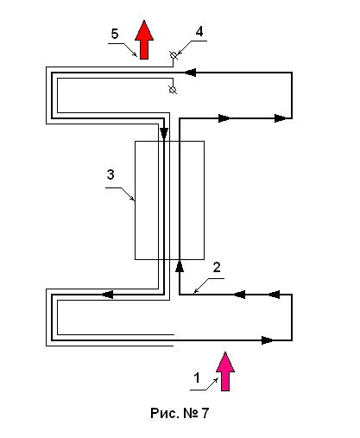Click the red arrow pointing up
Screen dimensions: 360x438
[144, 40]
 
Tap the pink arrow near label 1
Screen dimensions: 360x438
[225, 371]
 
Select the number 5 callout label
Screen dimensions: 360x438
[115, 34]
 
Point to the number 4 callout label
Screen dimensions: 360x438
[199, 31]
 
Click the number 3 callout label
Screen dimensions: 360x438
[111, 175]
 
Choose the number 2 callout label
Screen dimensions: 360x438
[217, 268]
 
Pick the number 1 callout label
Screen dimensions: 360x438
[197, 378]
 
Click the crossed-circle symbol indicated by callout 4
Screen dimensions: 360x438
[174, 54]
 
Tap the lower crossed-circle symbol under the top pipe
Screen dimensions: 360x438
[173, 90]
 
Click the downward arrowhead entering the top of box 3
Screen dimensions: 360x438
[164, 134]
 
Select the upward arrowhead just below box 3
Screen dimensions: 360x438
[180, 266]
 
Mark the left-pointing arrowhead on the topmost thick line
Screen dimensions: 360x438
[190, 73]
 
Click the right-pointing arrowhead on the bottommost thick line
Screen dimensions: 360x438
[268, 340]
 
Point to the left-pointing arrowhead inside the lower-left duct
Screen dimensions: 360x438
[108, 295]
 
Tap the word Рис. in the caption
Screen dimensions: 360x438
[164, 413]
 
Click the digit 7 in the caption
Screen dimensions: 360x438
[205, 413]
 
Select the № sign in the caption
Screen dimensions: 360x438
[191, 413]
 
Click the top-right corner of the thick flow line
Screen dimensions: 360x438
[292, 73]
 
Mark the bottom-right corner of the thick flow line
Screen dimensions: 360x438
[292, 340]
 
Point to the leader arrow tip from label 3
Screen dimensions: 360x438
[135, 200]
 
